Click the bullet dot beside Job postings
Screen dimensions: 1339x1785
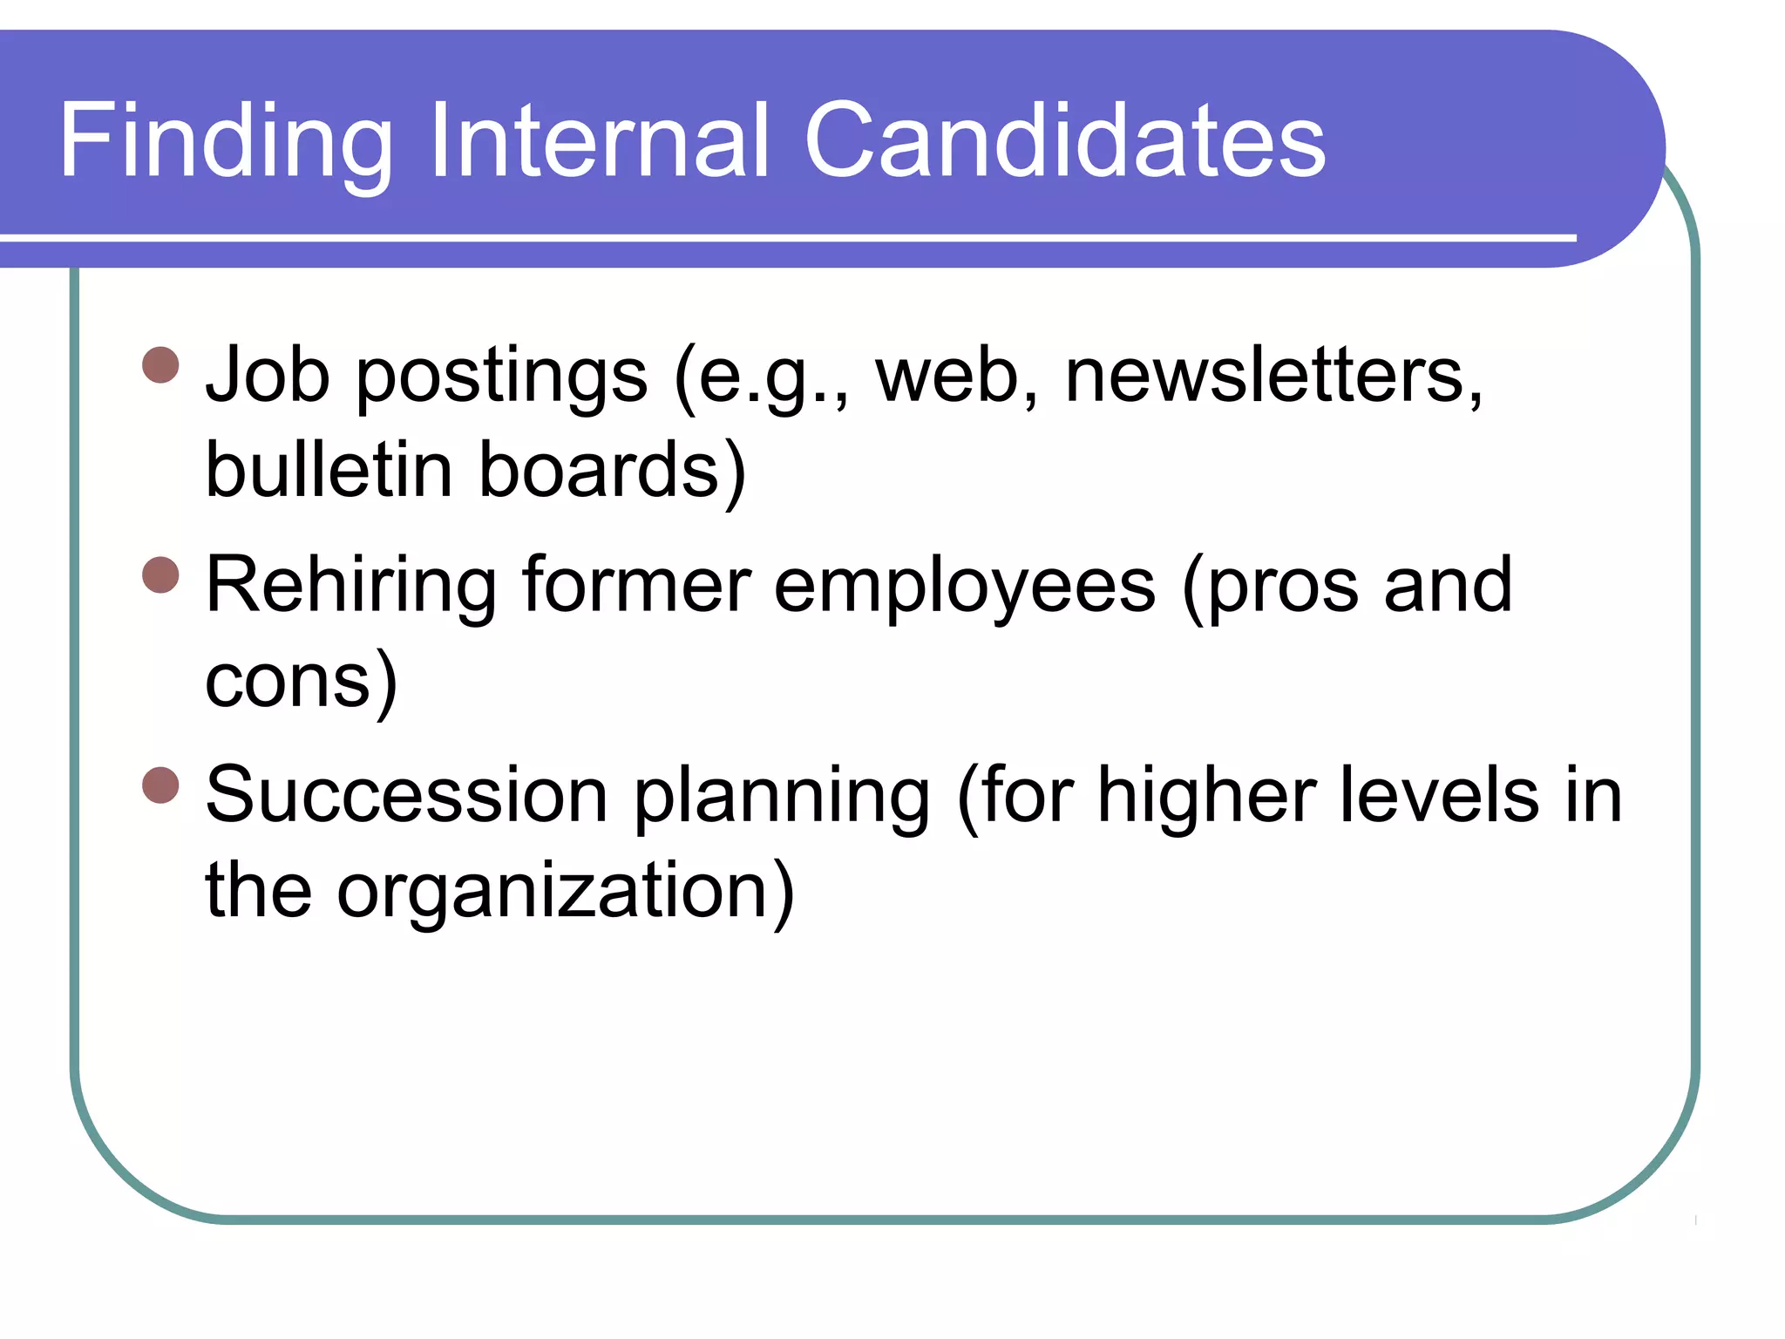pos(160,365)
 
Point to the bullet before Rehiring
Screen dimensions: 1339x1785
pos(160,575)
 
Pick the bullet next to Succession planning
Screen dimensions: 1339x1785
pos(160,785)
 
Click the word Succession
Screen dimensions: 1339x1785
pos(406,794)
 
